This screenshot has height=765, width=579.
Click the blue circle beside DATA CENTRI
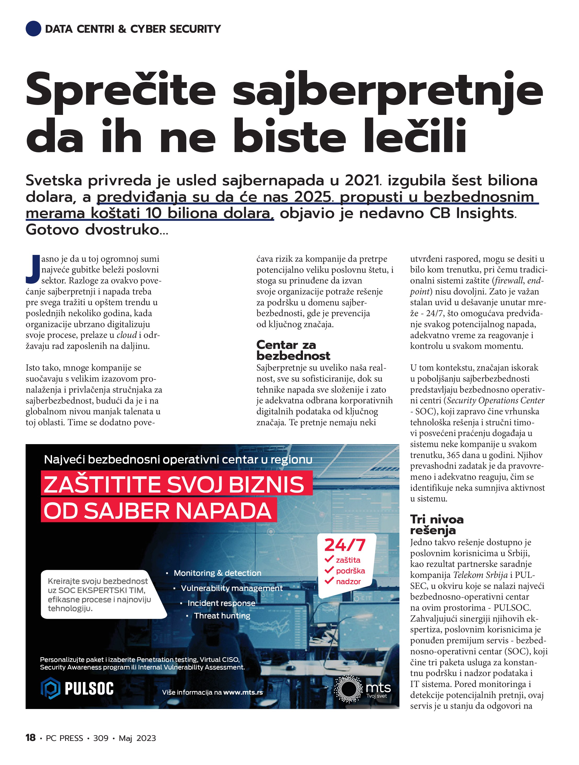(33, 28)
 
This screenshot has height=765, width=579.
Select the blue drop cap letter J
(33, 269)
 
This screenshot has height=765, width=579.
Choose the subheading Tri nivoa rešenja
(437, 525)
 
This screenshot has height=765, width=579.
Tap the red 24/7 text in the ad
(345, 545)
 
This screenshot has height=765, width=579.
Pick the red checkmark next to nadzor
(329, 581)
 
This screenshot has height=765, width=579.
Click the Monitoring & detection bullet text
(217, 573)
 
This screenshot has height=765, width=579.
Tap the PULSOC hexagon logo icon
(51, 688)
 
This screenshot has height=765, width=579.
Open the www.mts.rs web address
(243, 693)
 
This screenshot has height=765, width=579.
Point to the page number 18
(30, 738)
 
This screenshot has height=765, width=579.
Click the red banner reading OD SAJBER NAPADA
(159, 511)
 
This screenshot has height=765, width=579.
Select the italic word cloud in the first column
(127, 335)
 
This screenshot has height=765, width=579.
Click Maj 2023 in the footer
(137, 738)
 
